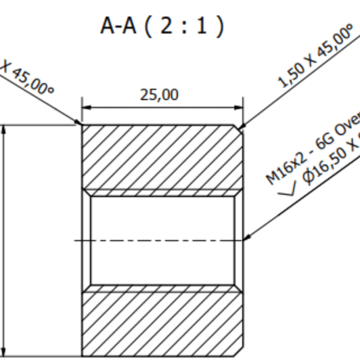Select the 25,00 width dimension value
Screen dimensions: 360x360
[x=159, y=94]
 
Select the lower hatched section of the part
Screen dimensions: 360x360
[x=163, y=323]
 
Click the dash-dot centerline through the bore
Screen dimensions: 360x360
[x=163, y=240]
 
